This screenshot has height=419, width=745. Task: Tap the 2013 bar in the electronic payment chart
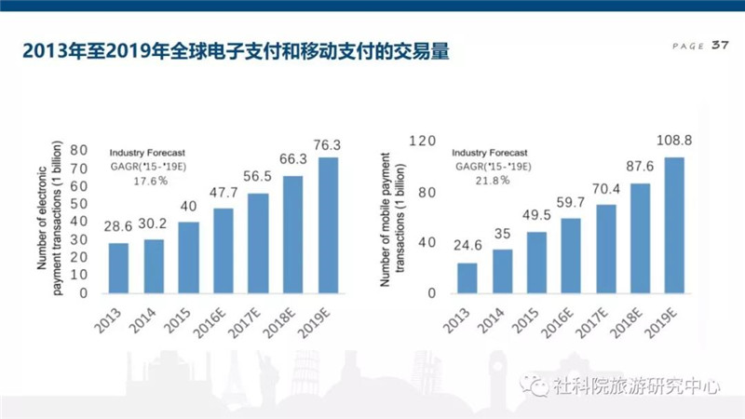click(x=118, y=267)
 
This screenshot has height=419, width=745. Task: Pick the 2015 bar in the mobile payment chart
click(x=537, y=262)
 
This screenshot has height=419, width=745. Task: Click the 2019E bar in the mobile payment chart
click(x=674, y=224)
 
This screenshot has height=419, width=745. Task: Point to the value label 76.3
click(x=328, y=145)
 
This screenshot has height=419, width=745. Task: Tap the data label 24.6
click(x=467, y=248)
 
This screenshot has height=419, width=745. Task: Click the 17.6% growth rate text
click(x=146, y=180)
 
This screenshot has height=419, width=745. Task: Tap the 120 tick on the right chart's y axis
click(x=423, y=141)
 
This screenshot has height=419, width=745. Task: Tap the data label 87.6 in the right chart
click(x=640, y=169)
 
